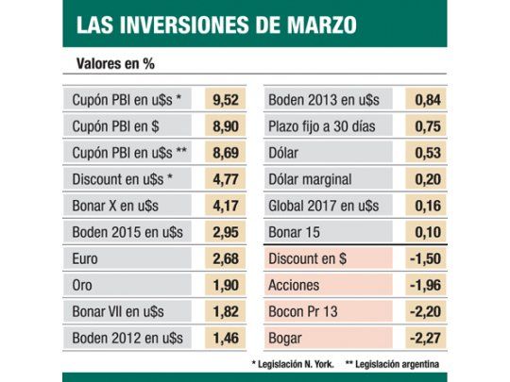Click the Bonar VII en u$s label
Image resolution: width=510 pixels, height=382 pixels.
click(120, 311)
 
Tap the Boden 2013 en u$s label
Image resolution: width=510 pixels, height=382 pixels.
click(324, 99)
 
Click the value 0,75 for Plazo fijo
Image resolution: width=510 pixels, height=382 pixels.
click(427, 125)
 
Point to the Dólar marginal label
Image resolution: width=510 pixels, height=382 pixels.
click(310, 179)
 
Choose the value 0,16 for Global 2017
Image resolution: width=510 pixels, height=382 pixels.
click(427, 206)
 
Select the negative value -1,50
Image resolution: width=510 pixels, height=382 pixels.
click(427, 258)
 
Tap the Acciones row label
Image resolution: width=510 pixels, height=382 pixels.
click(295, 285)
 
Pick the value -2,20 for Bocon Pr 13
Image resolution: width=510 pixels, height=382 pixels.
click(427, 311)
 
